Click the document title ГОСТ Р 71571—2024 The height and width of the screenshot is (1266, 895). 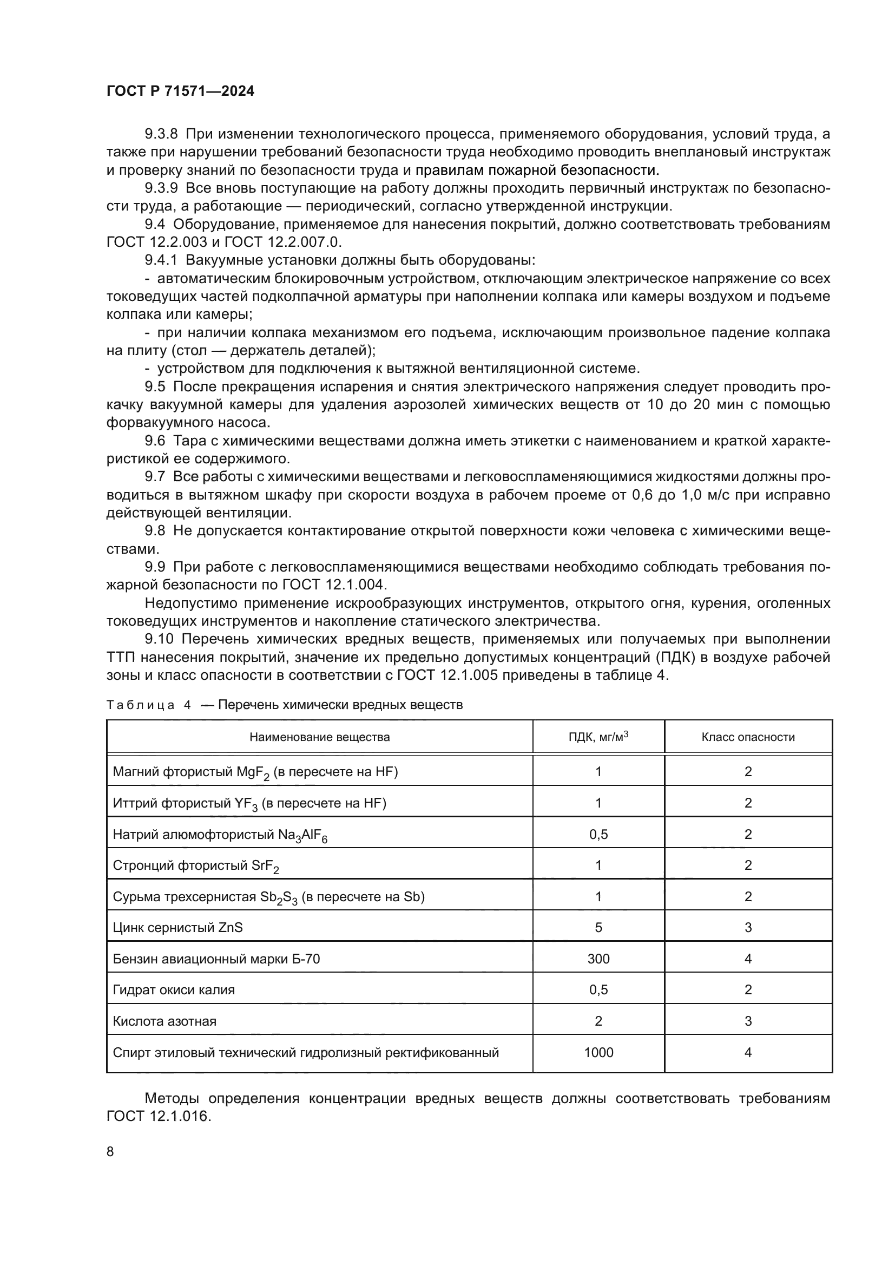180,91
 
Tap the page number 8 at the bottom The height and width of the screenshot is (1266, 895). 110,1151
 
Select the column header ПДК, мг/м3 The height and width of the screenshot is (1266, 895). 598,737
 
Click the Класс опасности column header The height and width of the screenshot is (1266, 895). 748,737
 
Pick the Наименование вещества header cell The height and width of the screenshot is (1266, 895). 319,737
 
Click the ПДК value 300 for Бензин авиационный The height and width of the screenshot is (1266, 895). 598,959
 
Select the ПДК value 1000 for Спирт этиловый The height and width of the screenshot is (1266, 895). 598,1053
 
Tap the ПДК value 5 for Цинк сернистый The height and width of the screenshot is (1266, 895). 598,928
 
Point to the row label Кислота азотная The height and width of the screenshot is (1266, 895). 165,1021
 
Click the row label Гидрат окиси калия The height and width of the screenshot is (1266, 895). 174,990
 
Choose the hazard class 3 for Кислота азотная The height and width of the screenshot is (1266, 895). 748,1021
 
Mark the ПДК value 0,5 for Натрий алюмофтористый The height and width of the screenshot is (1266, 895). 598,834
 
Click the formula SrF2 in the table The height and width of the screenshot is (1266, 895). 265,866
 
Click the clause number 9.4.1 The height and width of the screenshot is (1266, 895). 161,260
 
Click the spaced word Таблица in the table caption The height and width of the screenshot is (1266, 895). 141,705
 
